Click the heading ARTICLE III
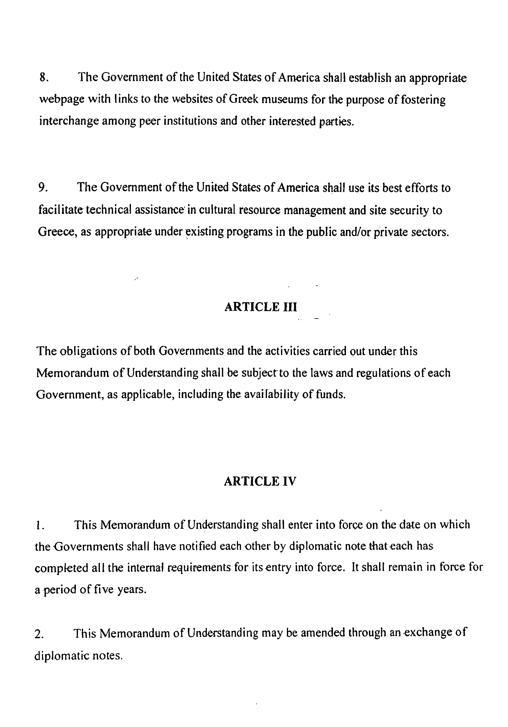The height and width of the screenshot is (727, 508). (260, 307)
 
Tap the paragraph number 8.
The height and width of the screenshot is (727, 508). (43, 78)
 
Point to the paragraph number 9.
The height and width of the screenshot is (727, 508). (43, 188)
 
